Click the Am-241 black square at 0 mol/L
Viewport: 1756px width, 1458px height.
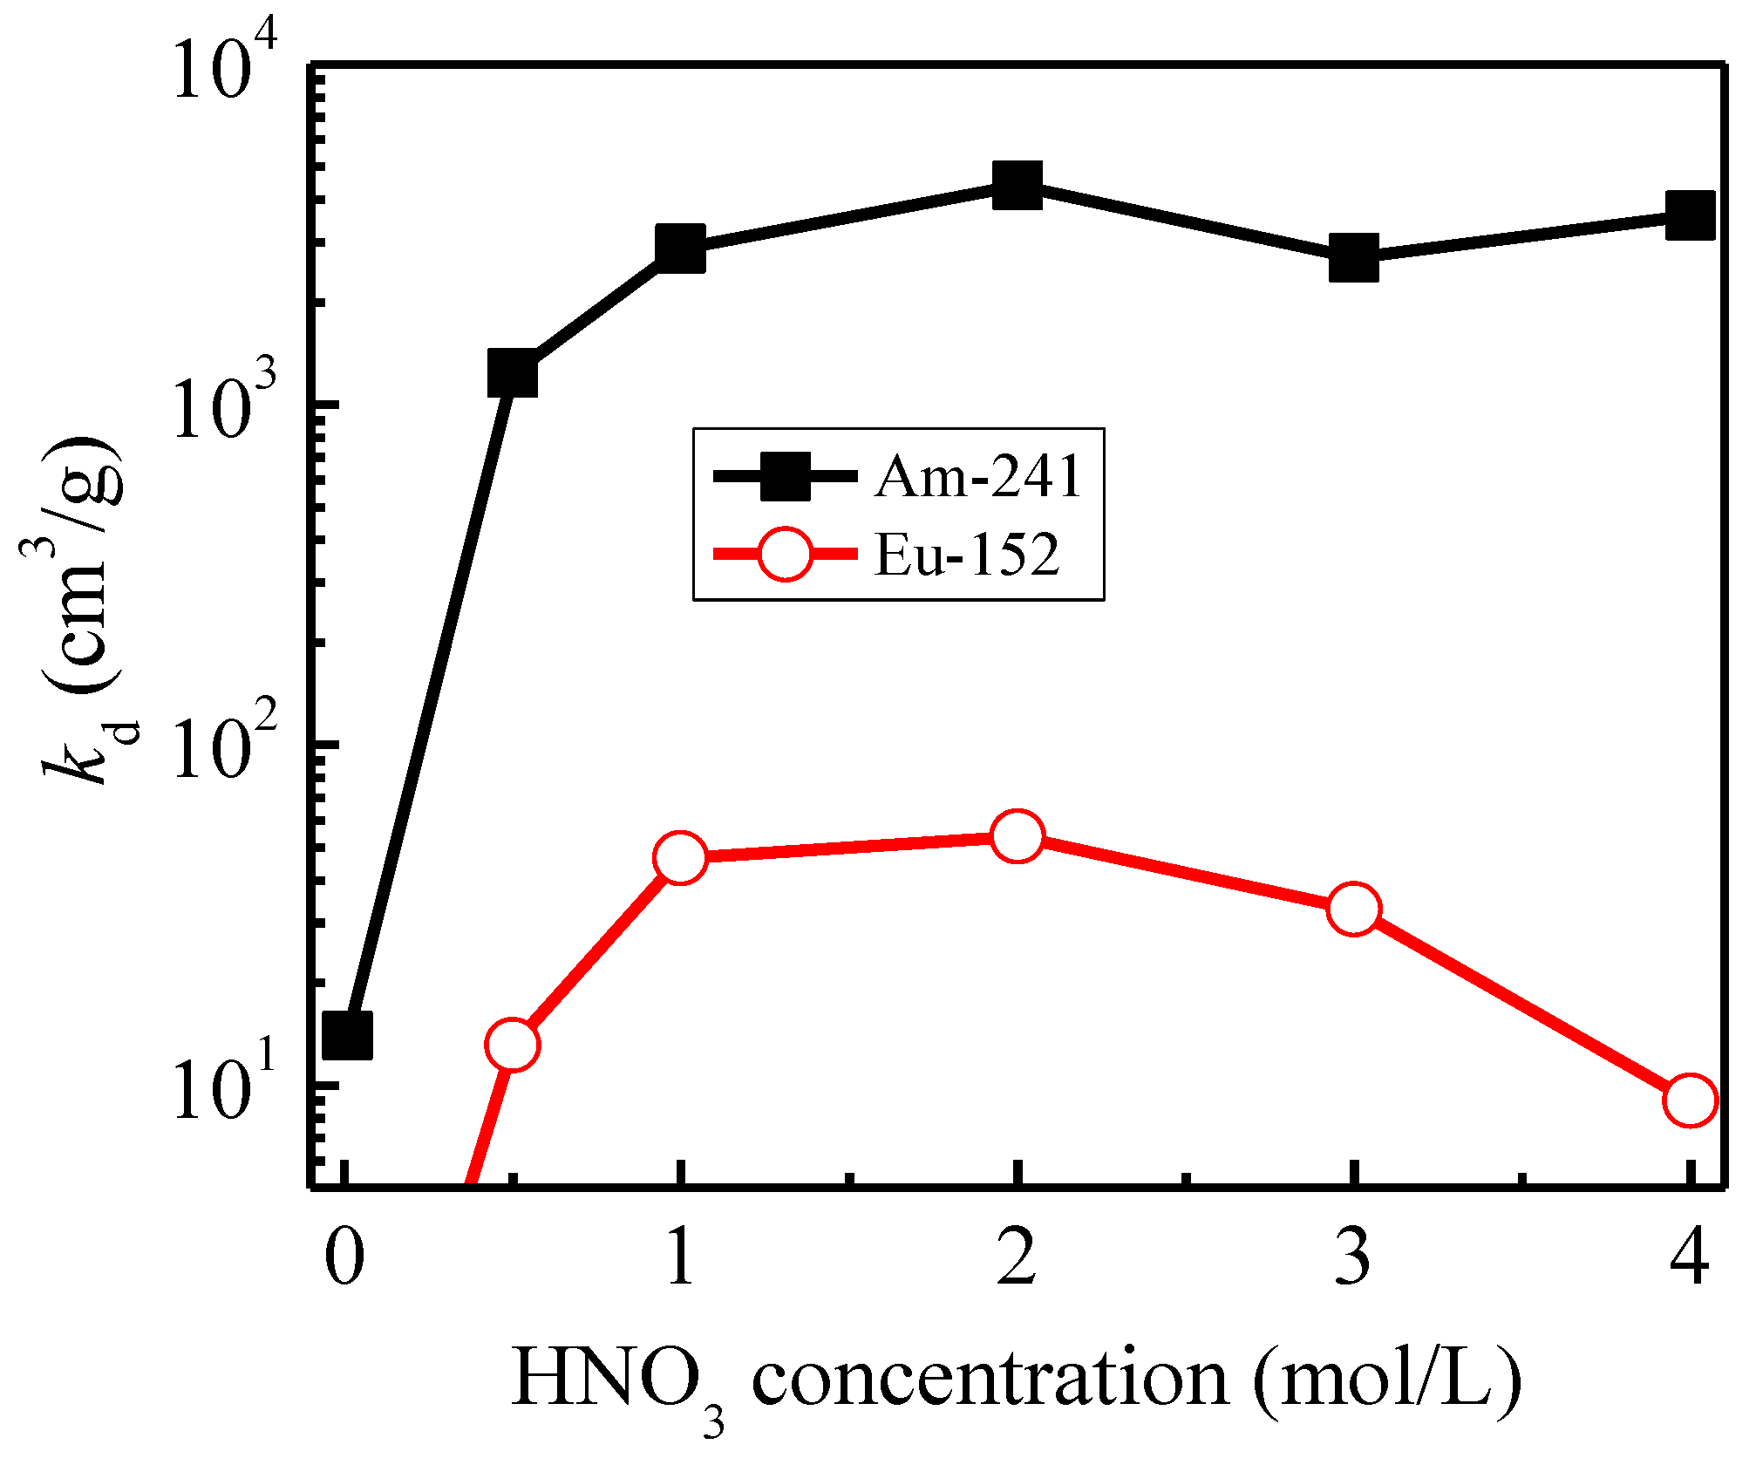coord(347,1035)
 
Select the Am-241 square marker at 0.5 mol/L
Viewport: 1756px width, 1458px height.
coord(513,373)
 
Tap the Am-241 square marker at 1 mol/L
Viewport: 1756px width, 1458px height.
coord(680,248)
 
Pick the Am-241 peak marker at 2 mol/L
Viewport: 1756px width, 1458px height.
coord(1017,185)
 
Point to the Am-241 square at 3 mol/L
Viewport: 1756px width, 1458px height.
coord(1353,258)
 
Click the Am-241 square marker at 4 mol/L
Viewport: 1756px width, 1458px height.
coord(1690,215)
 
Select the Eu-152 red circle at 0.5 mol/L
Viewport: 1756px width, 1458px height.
coord(513,1044)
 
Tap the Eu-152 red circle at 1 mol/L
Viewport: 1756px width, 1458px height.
coord(680,857)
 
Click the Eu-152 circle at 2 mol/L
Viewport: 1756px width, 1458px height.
coord(1017,836)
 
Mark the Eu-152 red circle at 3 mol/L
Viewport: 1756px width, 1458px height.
coord(1353,909)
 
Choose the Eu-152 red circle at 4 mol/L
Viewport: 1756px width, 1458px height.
coord(1690,1100)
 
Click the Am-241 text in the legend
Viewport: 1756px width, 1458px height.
coord(978,477)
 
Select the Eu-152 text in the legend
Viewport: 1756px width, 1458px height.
coord(966,555)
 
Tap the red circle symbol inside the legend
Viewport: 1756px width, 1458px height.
coord(785,554)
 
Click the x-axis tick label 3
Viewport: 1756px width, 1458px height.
coord(1353,1258)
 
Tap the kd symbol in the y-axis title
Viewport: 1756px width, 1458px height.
coord(87,750)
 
